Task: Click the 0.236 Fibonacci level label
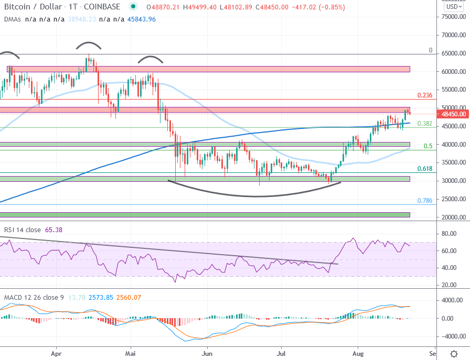point(424,95)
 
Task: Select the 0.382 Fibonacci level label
point(424,124)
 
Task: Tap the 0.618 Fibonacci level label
point(424,169)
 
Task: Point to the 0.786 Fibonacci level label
point(424,201)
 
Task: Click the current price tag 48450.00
point(454,114)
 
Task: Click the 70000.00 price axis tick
point(454,35)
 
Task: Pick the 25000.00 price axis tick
point(454,199)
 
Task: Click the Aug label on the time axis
point(358,354)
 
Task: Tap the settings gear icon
point(454,354)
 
